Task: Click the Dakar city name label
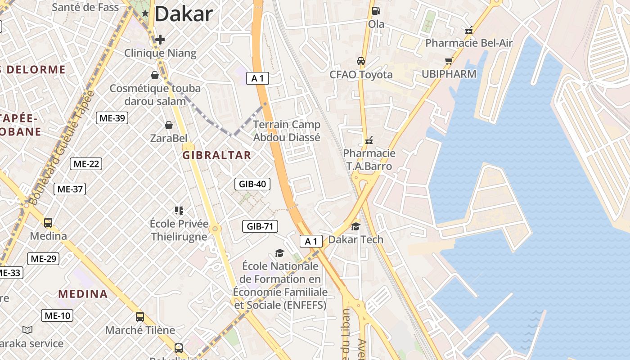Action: [x=183, y=14]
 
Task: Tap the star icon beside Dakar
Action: [x=145, y=13]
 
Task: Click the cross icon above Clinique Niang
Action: [x=160, y=40]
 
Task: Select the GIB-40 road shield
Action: [x=252, y=184]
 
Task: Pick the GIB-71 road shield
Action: [x=260, y=226]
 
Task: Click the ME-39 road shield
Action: [x=112, y=118]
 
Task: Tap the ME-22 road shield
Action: [x=86, y=164]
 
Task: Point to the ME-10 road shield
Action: [x=57, y=315]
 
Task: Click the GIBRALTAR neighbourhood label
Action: [x=216, y=155]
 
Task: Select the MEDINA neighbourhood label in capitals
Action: [x=83, y=294]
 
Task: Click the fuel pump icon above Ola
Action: [x=376, y=10]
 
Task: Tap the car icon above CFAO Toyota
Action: [x=361, y=61]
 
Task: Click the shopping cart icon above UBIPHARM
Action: [x=449, y=61]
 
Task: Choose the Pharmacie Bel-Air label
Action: [x=469, y=43]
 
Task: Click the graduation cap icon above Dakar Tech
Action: [x=355, y=226]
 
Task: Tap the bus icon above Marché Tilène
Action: [x=140, y=316]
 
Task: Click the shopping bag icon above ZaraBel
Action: [x=169, y=125]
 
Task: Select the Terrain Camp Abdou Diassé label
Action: [x=287, y=130]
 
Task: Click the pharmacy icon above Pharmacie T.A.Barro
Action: [x=369, y=140]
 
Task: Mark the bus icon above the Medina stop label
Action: [x=48, y=222]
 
